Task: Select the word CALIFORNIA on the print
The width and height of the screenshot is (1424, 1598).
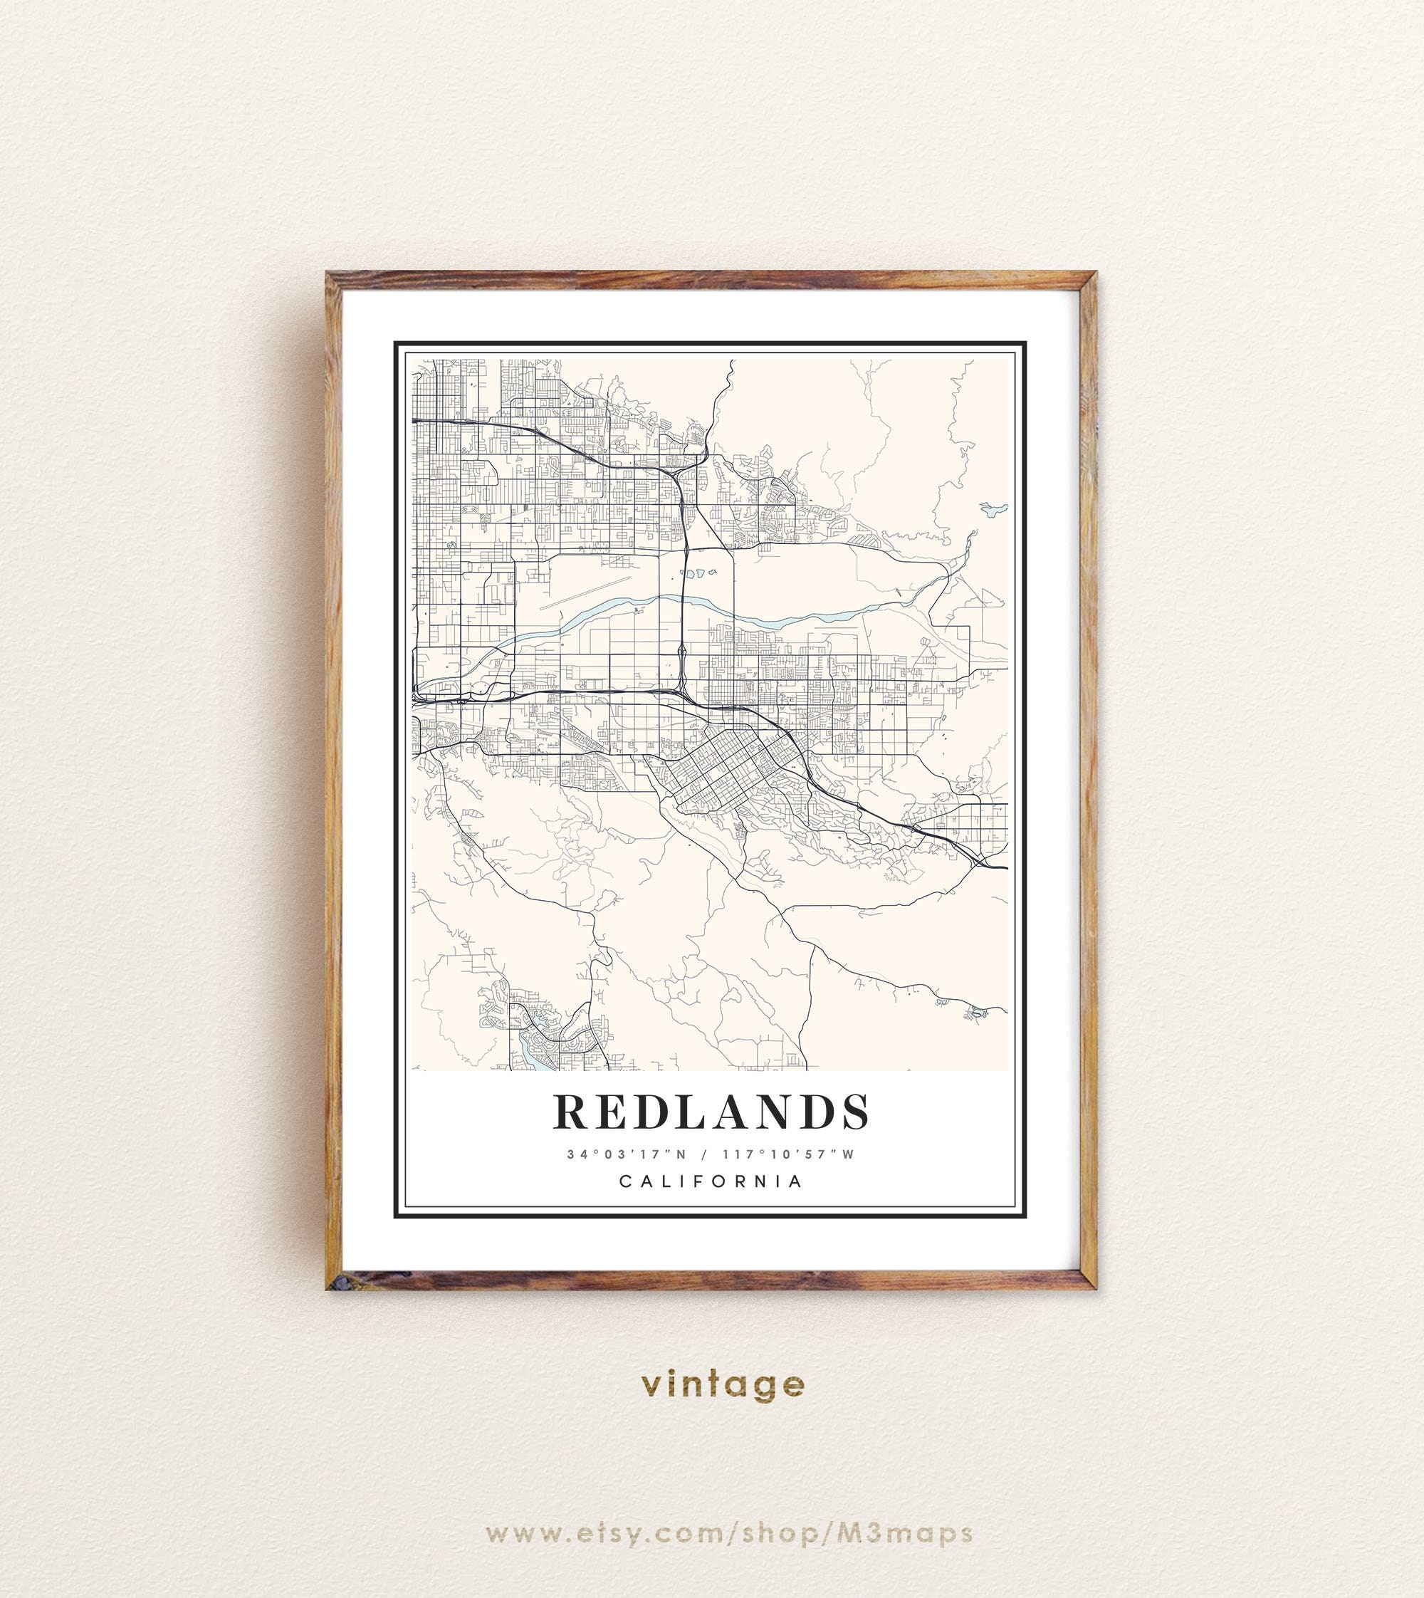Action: click(711, 1181)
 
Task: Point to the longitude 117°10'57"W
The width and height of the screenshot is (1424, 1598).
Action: click(789, 1154)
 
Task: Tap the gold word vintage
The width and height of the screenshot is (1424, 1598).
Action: click(722, 1384)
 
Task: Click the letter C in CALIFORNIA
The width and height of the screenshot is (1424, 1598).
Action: click(625, 1181)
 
